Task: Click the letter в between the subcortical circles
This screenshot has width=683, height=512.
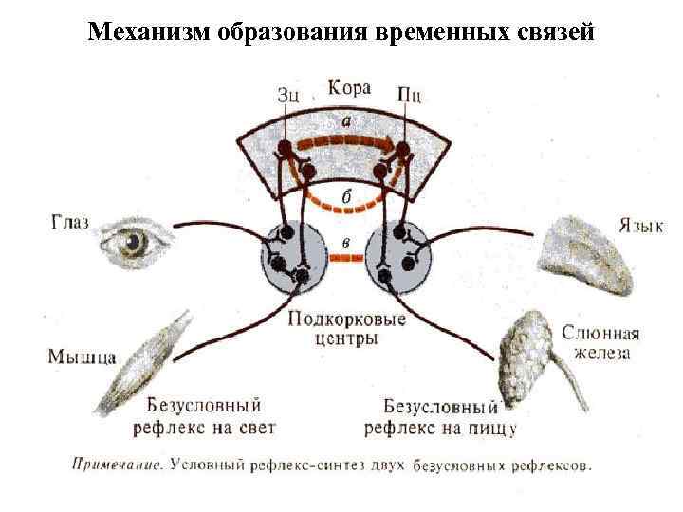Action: tap(346, 243)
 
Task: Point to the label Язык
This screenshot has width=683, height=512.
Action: tap(641, 227)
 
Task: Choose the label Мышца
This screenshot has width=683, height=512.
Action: tap(82, 357)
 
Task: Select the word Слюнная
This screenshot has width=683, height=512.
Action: tap(600, 334)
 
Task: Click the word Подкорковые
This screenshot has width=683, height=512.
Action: tap(346, 319)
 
